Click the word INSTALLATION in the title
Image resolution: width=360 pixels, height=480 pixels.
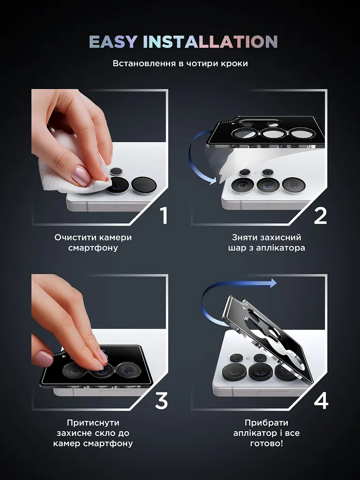tap(210, 42)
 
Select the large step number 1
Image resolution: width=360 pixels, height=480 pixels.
tap(164, 216)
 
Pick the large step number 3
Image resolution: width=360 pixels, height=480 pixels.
tap(161, 401)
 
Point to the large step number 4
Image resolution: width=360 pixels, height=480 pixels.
tap(321, 401)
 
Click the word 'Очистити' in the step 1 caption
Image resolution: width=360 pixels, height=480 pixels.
tap(74, 238)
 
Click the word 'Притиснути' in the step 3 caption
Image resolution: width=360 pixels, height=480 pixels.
tap(93, 423)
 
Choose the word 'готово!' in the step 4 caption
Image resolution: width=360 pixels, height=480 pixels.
tap(266, 443)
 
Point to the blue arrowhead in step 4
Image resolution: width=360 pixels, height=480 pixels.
tap(273, 283)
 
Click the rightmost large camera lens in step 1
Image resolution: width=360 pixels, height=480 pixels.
tap(144, 186)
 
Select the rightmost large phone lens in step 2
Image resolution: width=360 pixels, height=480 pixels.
tap(293, 186)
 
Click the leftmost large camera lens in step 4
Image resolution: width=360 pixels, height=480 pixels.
tap(234, 372)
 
